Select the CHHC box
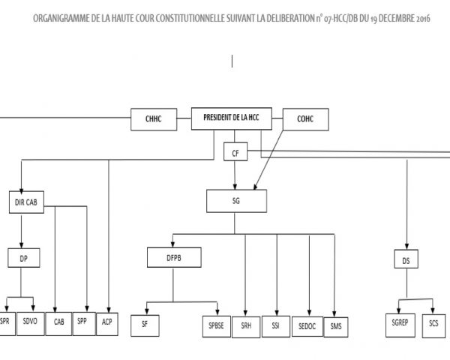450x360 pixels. (152, 118)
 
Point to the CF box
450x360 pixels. (236, 153)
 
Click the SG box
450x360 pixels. (236, 200)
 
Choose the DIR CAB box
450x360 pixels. (25, 203)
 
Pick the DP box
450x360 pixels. (23, 258)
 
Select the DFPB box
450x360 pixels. (173, 259)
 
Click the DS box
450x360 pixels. (406, 260)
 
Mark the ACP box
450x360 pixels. (108, 322)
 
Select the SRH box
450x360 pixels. (246, 325)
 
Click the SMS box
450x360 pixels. (335, 325)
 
